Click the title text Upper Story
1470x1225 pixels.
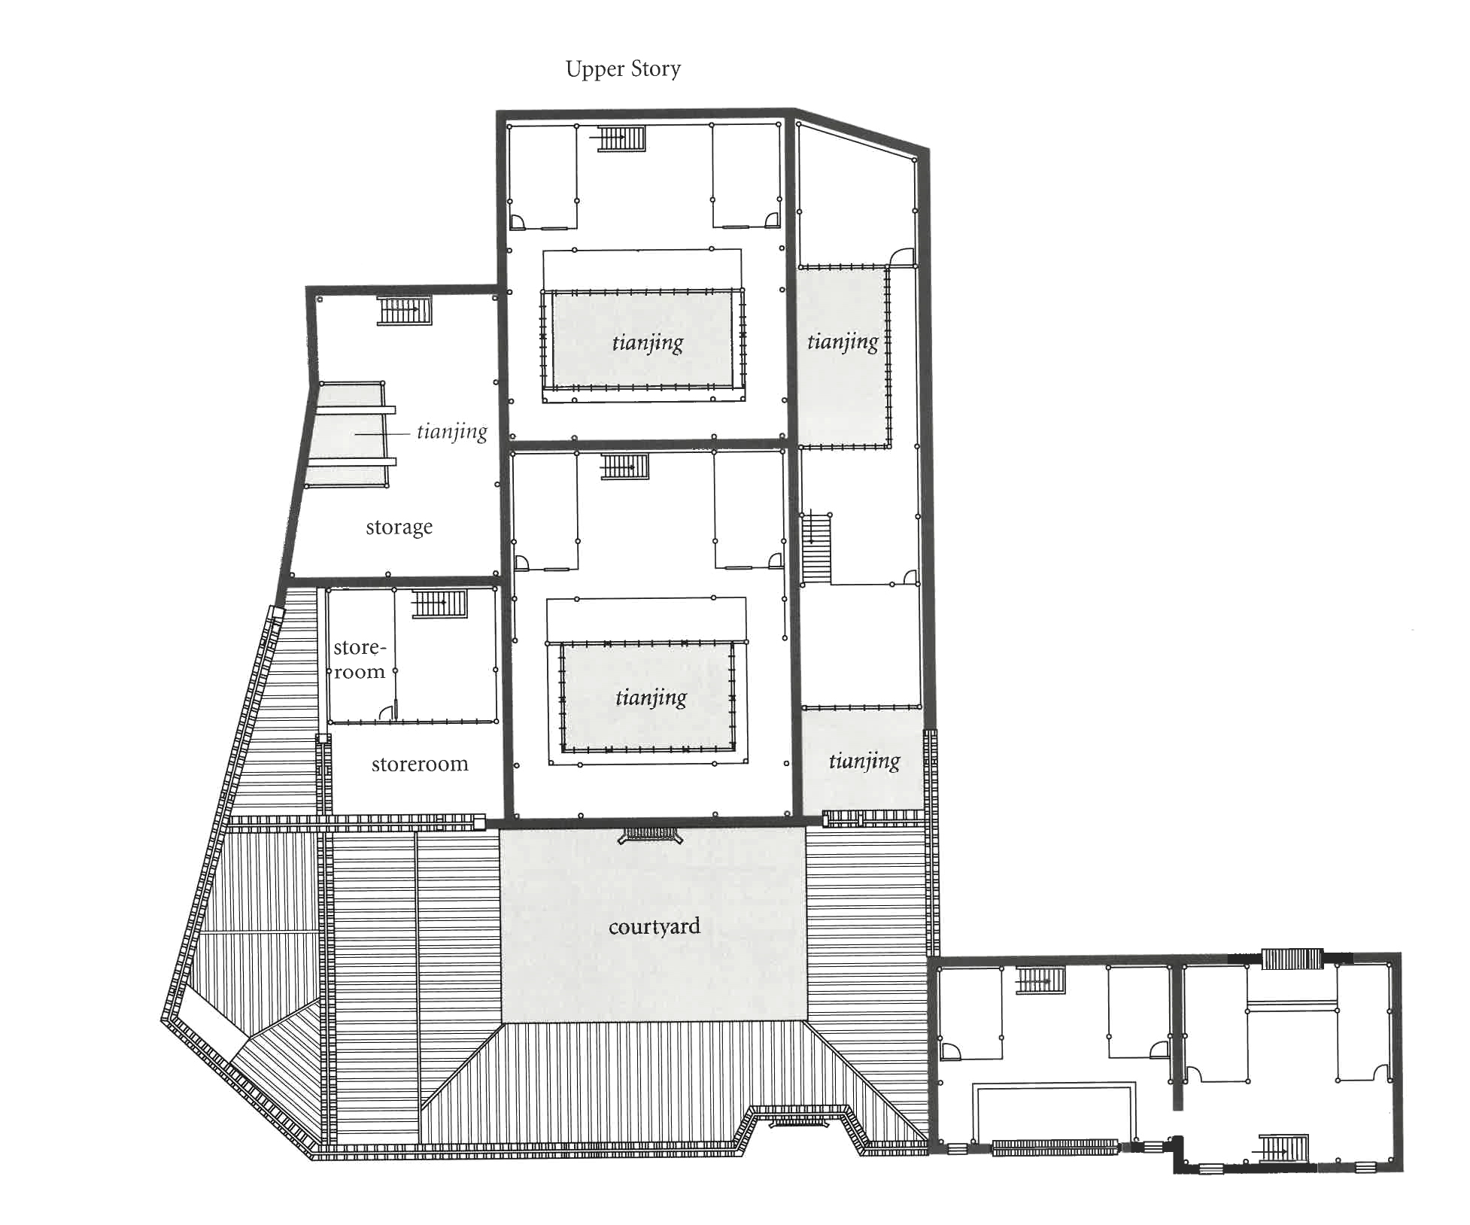[623, 69]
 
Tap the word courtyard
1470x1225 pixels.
[654, 926]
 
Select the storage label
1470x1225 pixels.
[399, 527]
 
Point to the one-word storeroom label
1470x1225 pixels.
[420, 764]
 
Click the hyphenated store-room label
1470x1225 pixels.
[360, 659]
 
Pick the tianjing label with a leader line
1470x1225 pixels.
[451, 432]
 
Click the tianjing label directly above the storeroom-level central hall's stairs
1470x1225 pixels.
[648, 343]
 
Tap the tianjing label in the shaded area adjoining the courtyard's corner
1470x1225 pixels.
[864, 761]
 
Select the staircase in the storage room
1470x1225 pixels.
[405, 310]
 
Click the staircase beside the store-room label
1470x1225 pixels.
[439, 603]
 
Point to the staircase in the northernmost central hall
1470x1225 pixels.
[621, 139]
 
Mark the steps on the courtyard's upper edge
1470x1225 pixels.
[650, 834]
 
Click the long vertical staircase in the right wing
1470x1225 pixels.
[815, 547]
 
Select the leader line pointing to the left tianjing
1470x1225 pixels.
[381, 434]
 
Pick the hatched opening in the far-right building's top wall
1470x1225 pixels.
[1292, 959]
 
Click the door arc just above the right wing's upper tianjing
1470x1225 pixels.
[901, 257]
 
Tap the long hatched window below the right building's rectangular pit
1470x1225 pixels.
[1055, 1147]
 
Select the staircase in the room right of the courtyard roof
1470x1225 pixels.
[1040, 981]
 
